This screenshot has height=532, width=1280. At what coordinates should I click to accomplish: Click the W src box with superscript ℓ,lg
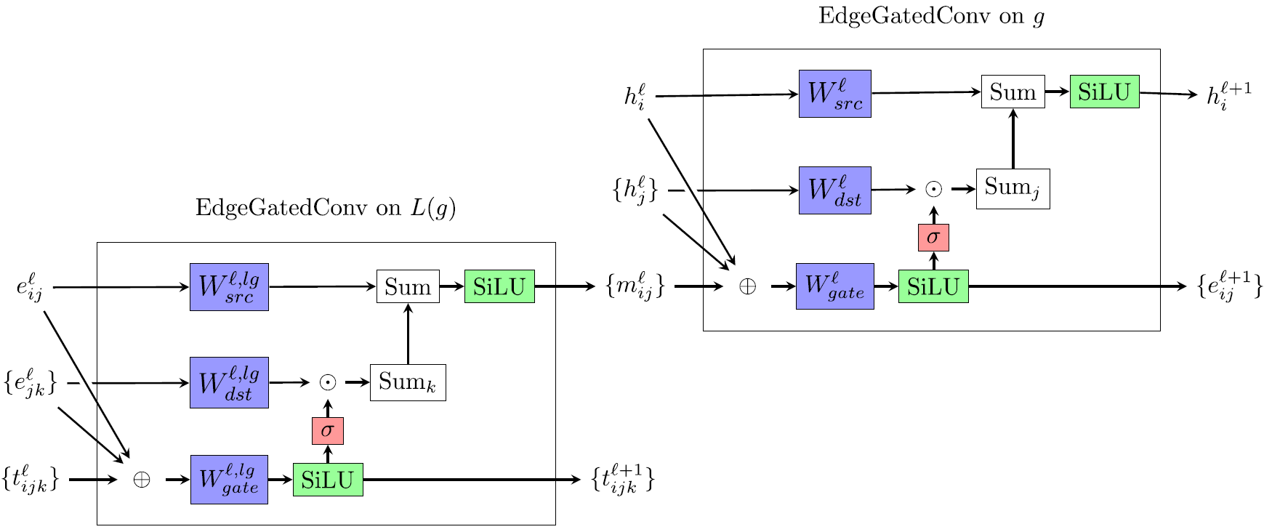(229, 287)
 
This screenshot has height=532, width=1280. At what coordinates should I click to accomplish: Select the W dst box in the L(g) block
(229, 382)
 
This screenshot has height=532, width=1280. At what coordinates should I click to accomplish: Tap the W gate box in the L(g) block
(229, 480)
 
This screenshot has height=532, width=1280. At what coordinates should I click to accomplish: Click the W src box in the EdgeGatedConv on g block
(834, 94)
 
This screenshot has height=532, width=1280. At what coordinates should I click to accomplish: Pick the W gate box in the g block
(834, 286)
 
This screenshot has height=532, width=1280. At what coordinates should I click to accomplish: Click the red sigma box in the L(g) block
(327, 431)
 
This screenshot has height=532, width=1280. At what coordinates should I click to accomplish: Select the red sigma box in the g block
(933, 238)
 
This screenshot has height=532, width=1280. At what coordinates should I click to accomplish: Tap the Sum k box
(407, 383)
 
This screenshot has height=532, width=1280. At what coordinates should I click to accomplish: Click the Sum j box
(1013, 189)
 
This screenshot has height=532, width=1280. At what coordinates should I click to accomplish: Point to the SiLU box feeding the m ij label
(499, 286)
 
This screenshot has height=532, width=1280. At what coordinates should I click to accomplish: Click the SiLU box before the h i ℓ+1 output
(1104, 92)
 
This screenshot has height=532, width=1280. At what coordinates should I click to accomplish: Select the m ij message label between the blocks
(635, 287)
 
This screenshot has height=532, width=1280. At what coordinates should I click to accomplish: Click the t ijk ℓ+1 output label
(623, 480)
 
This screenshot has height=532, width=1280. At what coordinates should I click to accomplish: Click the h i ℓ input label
(635, 97)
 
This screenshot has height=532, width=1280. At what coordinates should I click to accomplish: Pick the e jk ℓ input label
(31, 384)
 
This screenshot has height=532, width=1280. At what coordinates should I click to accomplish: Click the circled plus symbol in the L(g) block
(141, 480)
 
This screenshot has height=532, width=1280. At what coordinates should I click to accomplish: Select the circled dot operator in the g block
(933, 190)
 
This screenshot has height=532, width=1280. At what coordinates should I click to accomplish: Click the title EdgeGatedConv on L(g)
(326, 209)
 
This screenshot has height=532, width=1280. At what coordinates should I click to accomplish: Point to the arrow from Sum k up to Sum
(408, 334)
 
